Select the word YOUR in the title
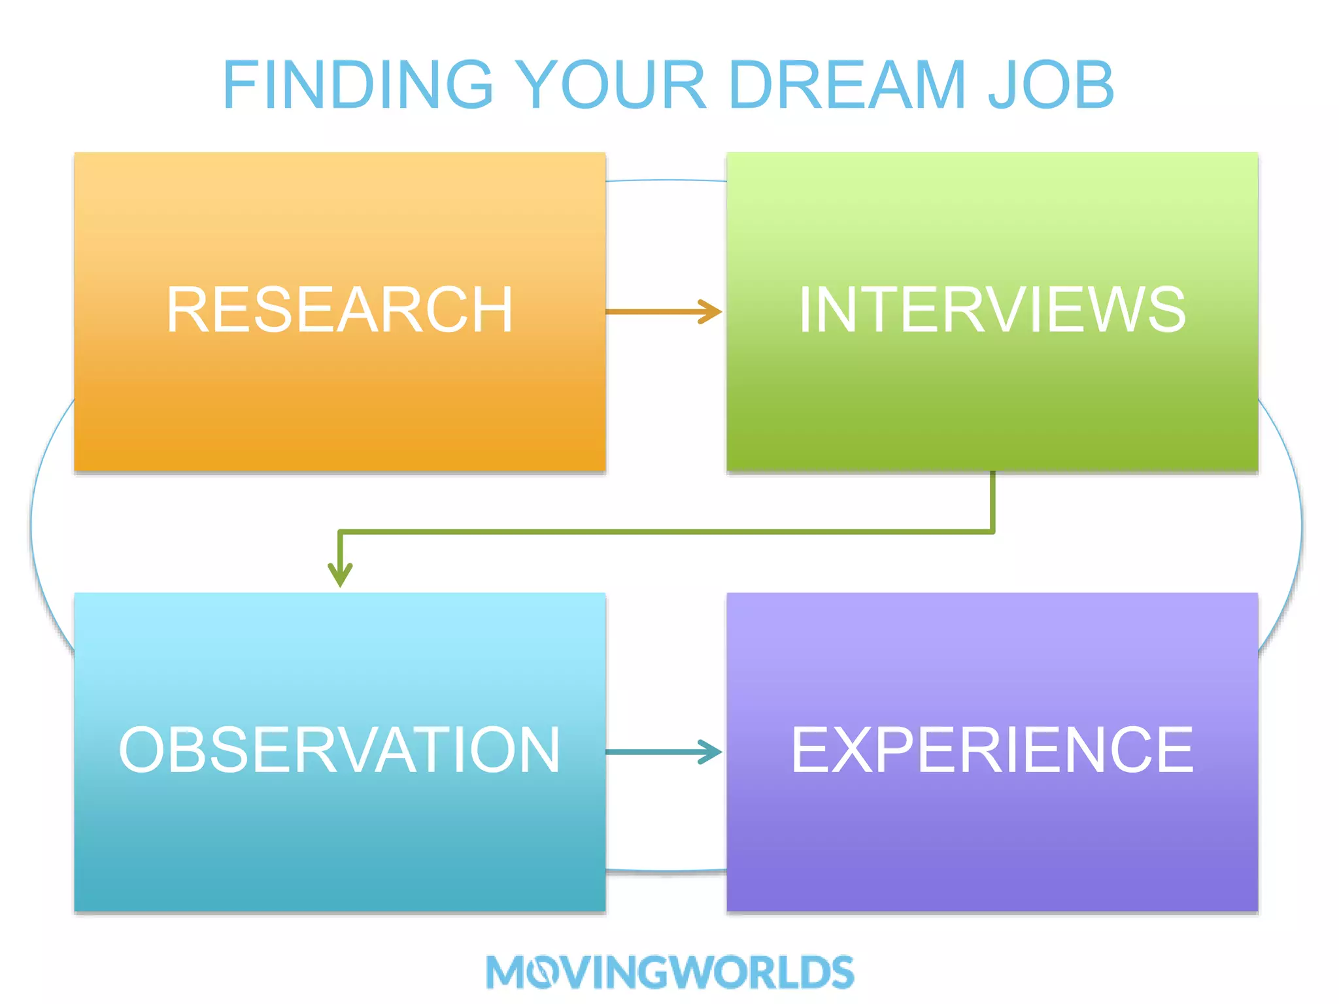[x=612, y=85]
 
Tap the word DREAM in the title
[x=847, y=85]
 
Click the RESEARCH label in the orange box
[x=339, y=310]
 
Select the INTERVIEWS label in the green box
[x=992, y=310]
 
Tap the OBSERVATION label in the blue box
[x=339, y=750]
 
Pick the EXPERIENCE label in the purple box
[x=992, y=750]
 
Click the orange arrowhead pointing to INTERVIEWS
[x=711, y=312]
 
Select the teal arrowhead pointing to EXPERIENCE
[x=711, y=752]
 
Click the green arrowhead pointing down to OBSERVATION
[x=340, y=575]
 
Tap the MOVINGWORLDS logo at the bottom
[x=669, y=972]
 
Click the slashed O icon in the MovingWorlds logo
[x=541, y=973]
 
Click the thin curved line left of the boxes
[x=31, y=523]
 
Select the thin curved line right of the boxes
[x=1301, y=523]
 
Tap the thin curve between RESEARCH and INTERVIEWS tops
[x=666, y=180]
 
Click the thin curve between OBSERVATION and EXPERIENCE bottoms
[x=666, y=871]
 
